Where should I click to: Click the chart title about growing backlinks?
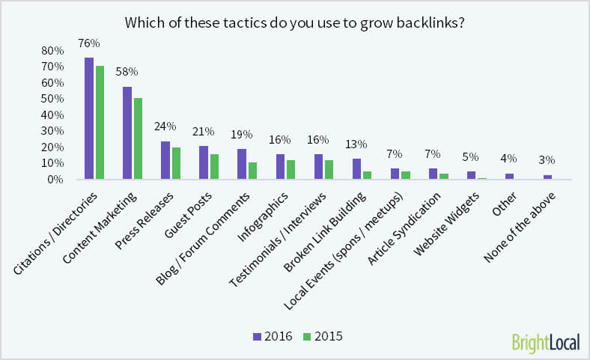(x=294, y=22)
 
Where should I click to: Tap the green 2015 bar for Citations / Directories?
(x=100, y=123)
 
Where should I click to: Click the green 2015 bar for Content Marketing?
(x=138, y=138)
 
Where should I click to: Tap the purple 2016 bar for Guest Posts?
(x=204, y=162)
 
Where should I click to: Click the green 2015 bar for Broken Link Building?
(x=368, y=175)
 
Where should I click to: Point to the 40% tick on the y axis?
(x=53, y=115)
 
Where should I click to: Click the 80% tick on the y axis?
(x=53, y=51)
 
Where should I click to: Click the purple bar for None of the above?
(x=548, y=177)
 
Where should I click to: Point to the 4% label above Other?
(x=509, y=159)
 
